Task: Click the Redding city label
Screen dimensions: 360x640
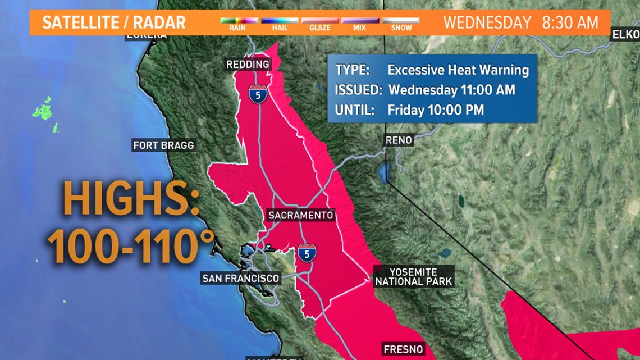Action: tap(248, 65)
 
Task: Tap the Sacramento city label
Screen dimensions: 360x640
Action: tap(300, 215)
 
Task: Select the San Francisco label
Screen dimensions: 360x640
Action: tap(240, 278)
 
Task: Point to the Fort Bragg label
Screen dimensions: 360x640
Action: tap(163, 145)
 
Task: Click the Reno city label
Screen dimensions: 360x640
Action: tap(399, 140)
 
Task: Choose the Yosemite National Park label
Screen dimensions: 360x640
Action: tap(413, 276)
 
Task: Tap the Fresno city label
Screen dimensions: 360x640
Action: tap(403, 349)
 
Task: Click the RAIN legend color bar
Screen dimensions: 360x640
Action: tap(238, 21)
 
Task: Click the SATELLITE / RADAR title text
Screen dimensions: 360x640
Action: tap(114, 23)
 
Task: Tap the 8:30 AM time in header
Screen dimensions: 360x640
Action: tap(570, 23)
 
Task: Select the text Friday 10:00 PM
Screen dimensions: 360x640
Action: tap(436, 110)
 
